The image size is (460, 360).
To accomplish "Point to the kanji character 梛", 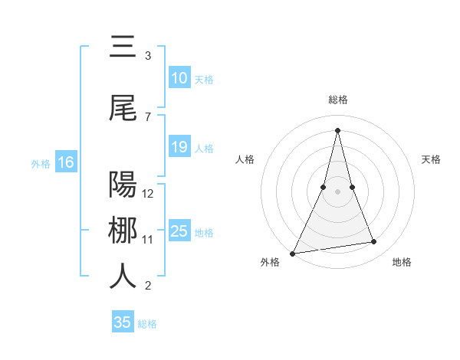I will tap(123, 231).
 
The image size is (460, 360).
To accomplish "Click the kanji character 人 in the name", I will tap(123, 277).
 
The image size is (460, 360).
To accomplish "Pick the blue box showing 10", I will tap(179, 78).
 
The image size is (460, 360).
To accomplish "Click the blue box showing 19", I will tap(179, 147).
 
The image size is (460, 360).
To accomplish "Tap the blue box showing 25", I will tap(179, 231).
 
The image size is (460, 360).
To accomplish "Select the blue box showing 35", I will tap(123, 322).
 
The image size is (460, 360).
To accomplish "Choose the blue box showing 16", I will tap(66, 162).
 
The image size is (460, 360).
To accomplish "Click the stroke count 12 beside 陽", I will tap(149, 193).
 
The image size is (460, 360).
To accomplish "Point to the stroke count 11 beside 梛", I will tap(148, 240).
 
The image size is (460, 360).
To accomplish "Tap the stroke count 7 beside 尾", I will tap(148, 116).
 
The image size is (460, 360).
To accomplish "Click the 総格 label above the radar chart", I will tap(338, 100).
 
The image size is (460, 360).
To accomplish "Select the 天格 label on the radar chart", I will tap(432, 159).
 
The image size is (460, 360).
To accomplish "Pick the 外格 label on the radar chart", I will tap(270, 262).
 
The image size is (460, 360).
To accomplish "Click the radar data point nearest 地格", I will tap(374, 242).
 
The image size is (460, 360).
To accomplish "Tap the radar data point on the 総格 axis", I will tap(338, 129).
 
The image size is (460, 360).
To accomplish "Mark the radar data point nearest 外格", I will tap(292, 253).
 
